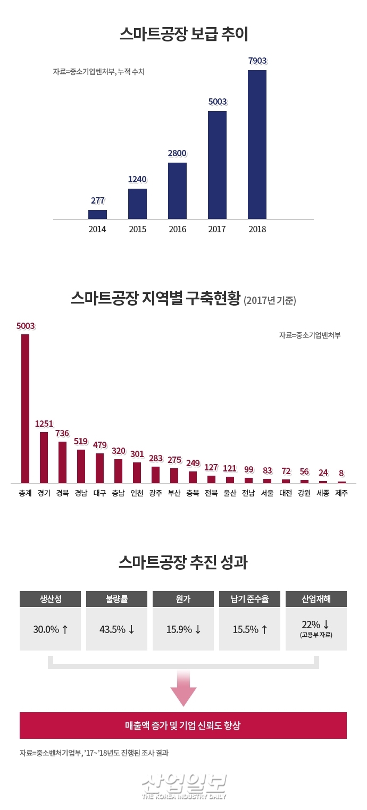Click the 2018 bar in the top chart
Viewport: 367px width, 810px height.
click(x=257, y=144)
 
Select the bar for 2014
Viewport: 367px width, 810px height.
click(x=97, y=214)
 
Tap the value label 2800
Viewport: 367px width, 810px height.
click(x=177, y=153)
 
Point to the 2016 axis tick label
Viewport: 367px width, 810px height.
click(x=177, y=230)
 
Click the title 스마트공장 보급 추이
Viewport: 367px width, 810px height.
click(x=183, y=35)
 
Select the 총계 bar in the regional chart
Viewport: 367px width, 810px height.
click(x=25, y=408)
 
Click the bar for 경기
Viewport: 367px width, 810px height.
click(x=44, y=457)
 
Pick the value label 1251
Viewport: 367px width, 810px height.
click(x=44, y=424)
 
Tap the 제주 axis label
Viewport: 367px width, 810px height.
click(x=341, y=493)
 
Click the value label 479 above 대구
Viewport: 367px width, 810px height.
click(x=100, y=445)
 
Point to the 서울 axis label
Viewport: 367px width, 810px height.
click(x=267, y=493)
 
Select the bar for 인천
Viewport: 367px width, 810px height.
click(x=137, y=473)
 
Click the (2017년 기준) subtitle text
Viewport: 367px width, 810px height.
click(x=270, y=300)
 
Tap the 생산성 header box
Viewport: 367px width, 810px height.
click(x=51, y=599)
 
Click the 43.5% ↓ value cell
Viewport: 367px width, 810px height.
click(x=117, y=629)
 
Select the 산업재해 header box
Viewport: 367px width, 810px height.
click(x=316, y=599)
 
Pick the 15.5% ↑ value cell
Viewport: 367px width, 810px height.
click(x=249, y=629)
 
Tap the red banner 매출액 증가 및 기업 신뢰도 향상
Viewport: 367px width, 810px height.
click(x=183, y=725)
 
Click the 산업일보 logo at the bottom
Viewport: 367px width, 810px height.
click(x=184, y=786)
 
